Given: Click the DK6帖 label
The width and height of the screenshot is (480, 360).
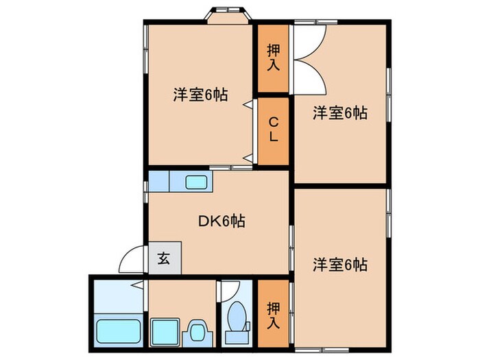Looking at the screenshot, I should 221,221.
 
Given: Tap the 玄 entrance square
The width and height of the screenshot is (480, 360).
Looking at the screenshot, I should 165,259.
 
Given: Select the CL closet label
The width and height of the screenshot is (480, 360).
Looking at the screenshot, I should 273,130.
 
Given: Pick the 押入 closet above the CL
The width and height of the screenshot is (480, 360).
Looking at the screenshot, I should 273,58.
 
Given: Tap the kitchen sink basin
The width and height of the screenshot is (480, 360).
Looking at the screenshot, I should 197,182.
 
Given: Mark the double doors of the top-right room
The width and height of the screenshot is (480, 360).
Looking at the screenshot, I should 310,58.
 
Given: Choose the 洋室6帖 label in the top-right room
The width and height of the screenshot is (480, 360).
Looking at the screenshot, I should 340,113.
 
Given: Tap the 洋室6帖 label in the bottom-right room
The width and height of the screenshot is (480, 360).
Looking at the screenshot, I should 340,263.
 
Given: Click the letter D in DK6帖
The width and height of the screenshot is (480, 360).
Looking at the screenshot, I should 203,221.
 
